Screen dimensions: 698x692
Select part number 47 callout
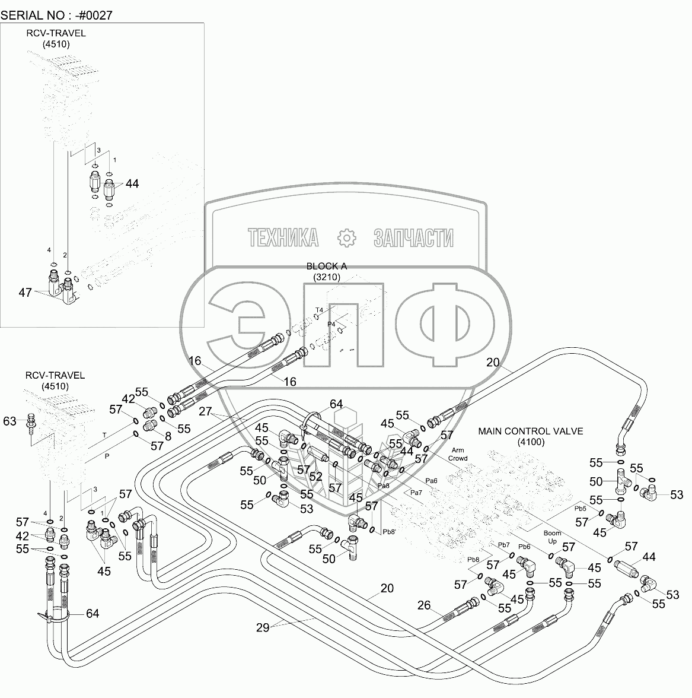[25, 292]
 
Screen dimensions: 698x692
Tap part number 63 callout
[10, 421]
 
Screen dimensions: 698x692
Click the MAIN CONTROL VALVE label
[531, 432]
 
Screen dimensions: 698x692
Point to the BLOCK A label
[326, 266]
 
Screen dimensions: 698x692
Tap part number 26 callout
[423, 605]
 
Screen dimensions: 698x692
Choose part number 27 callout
[205, 411]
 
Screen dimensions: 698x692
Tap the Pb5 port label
[580, 509]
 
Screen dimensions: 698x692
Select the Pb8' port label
[390, 531]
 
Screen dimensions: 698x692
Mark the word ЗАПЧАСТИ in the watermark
[413, 238]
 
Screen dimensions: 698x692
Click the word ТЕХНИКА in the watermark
[283, 238]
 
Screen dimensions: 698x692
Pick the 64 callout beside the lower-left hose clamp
[93, 614]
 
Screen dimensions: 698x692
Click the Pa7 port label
[416, 493]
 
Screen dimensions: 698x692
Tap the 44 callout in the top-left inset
[132, 184]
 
